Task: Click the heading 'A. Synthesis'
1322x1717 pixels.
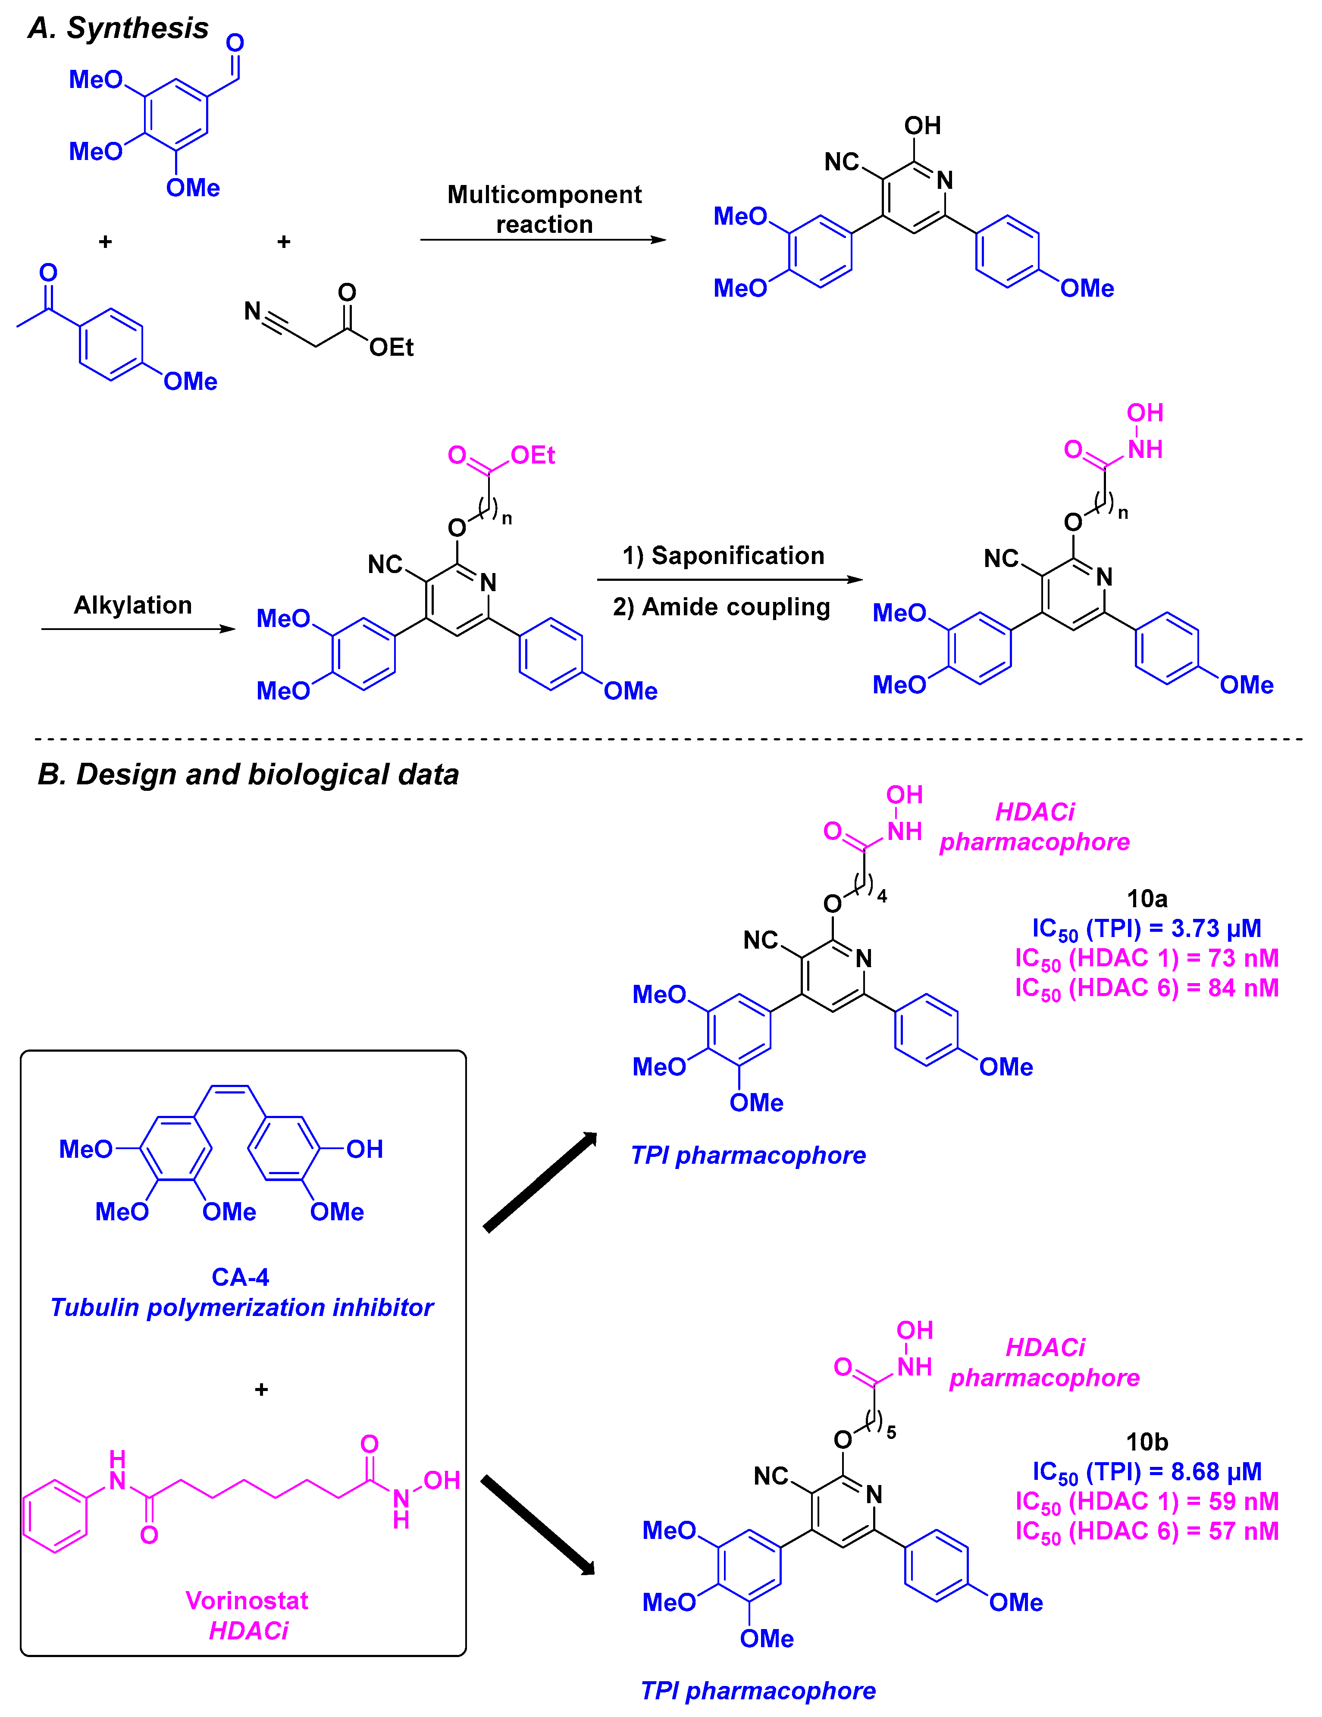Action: [118, 28]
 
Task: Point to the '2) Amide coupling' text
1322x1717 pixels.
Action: [721, 607]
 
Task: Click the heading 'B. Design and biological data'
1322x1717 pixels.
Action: [247, 774]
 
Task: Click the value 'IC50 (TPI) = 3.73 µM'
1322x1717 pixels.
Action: [1147, 928]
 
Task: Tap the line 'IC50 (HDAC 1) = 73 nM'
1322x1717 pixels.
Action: [1147, 959]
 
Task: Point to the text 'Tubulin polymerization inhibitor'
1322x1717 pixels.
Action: [241, 1307]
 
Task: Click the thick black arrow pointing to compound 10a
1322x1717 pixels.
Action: [541, 1181]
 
